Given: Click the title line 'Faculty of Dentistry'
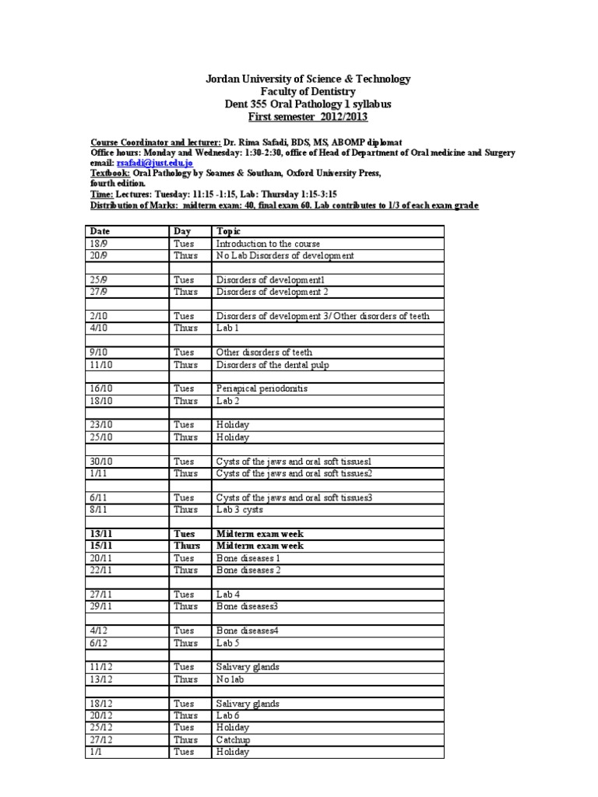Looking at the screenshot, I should point(307,92).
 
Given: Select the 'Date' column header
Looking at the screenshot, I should point(100,231).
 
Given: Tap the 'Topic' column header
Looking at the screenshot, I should point(230,231).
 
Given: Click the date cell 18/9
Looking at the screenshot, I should point(99,243).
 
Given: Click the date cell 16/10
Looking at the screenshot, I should point(102,388).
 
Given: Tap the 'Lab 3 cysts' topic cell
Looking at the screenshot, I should point(241,509).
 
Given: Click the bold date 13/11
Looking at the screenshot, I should point(103,533).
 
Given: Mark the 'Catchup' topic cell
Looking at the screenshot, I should point(234,739).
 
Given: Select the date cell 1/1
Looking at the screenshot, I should point(97,752).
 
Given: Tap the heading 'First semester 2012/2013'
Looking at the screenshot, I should point(307,117).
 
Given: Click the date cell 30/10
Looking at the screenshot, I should point(102,461).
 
